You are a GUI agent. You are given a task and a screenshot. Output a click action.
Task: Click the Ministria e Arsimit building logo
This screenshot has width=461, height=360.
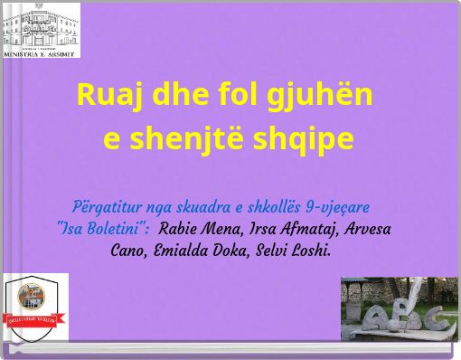click(42, 30)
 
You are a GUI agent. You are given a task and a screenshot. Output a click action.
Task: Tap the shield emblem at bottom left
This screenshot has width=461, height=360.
click(36, 308)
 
